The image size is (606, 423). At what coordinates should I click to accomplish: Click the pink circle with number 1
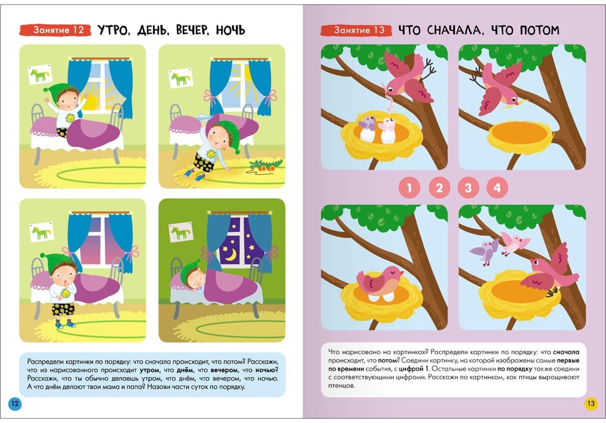click(409, 188)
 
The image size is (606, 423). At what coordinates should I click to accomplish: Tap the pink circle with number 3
click(468, 188)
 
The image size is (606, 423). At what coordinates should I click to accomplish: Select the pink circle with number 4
click(497, 188)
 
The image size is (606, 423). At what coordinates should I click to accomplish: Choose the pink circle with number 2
click(439, 188)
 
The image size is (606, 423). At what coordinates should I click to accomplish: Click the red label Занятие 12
click(55, 30)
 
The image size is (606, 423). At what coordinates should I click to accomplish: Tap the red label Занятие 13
click(356, 30)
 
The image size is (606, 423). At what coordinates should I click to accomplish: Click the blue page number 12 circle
click(15, 404)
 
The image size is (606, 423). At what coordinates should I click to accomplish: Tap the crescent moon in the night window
click(231, 255)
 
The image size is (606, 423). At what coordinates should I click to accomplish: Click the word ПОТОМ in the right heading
click(539, 30)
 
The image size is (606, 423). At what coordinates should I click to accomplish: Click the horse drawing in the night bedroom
click(181, 232)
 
